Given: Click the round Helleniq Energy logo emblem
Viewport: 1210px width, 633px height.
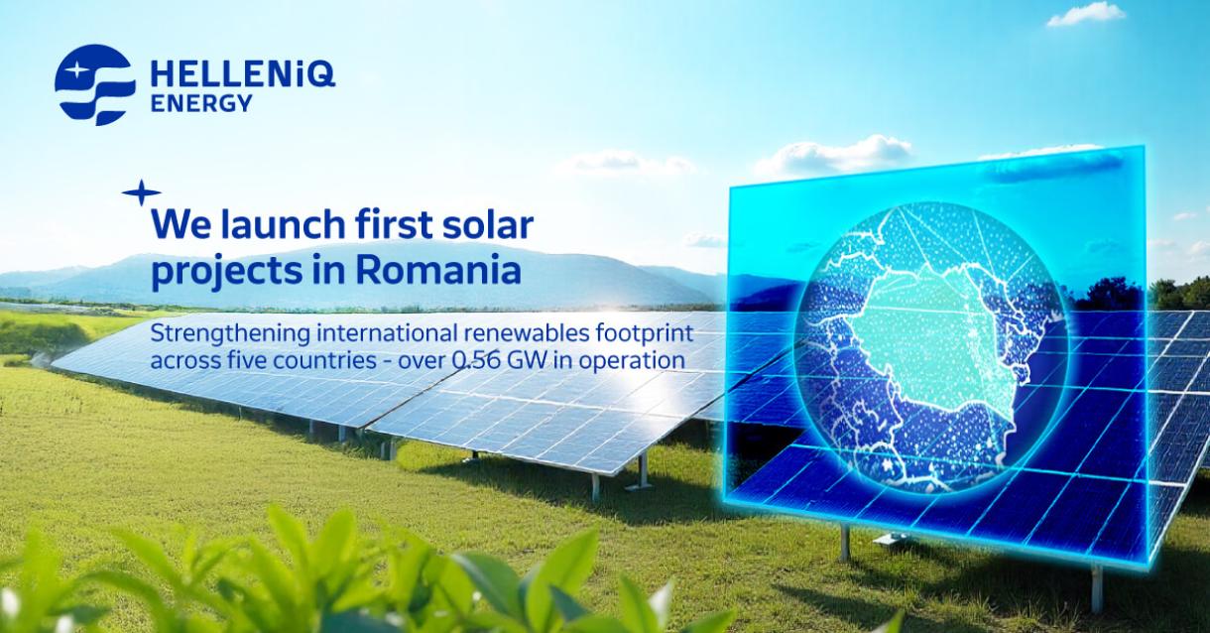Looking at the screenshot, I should click(x=95, y=84).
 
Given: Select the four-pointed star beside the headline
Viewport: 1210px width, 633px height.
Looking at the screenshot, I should click(x=140, y=193).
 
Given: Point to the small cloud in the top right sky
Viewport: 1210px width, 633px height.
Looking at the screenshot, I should click(x=1085, y=14).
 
